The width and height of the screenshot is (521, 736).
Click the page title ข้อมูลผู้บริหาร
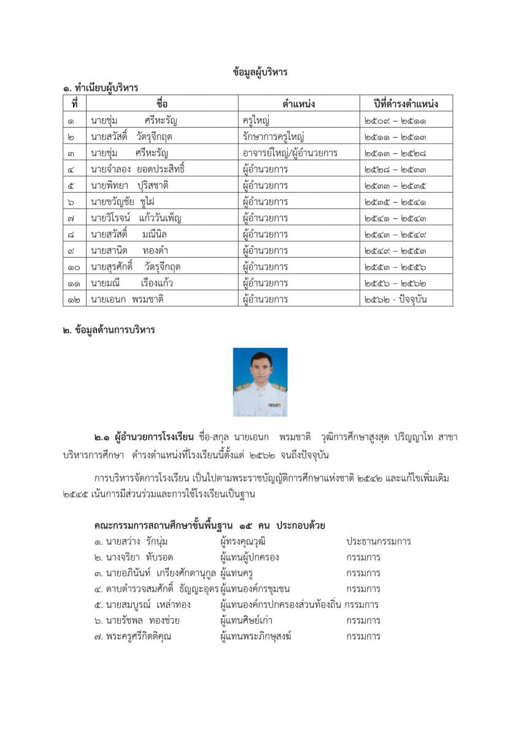260,72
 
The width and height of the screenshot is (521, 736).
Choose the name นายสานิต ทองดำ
129,251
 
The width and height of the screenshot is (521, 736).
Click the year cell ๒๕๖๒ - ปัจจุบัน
395,300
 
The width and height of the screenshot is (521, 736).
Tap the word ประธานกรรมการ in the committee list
378,542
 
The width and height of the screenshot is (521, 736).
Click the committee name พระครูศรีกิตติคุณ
138,636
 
